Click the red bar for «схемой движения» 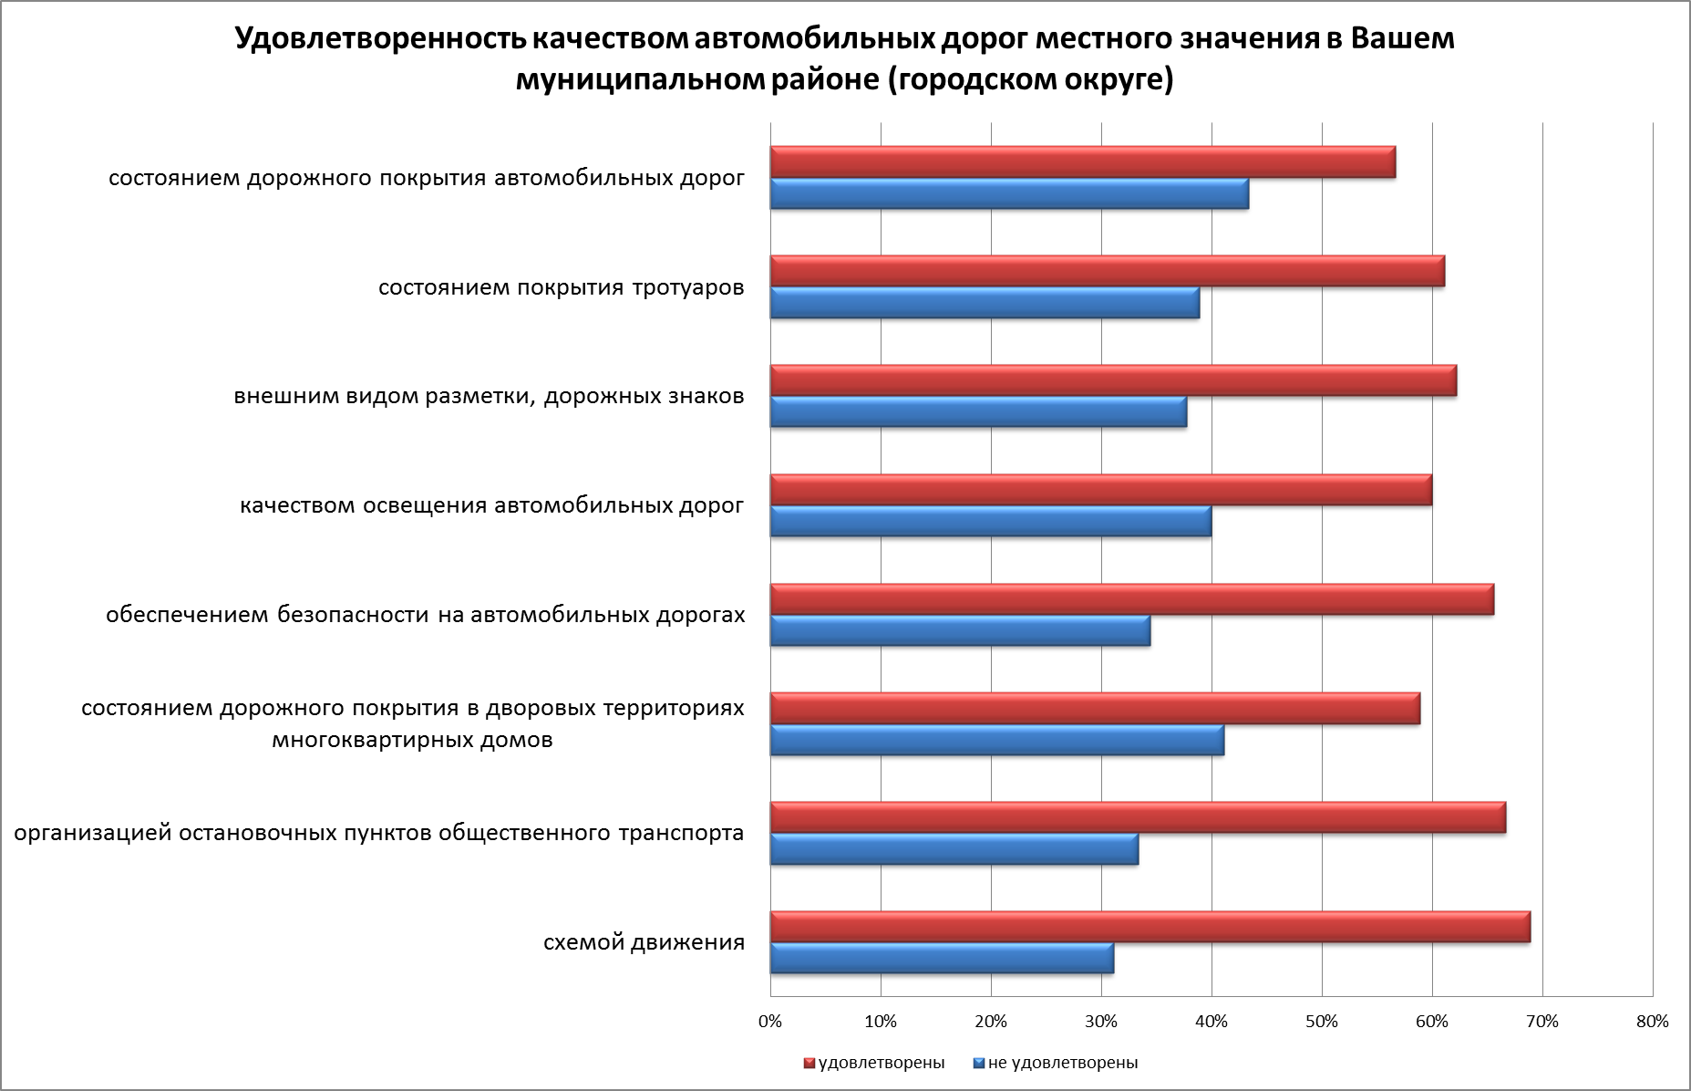coord(1150,927)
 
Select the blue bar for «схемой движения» coord(942,959)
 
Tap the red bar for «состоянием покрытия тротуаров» coord(1107,272)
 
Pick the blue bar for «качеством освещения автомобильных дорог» coord(991,522)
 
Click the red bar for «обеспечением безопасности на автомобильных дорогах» coord(1131,599)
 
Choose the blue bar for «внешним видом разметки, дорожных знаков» coord(978,412)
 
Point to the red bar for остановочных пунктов coord(1138,817)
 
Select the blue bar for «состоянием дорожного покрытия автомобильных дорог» coord(1009,194)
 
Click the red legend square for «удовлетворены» coord(808,1064)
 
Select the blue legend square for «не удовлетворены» coord(979,1064)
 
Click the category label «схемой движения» coord(644,942)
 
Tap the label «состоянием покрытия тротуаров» coord(561,288)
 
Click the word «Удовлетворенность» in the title coord(379,40)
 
